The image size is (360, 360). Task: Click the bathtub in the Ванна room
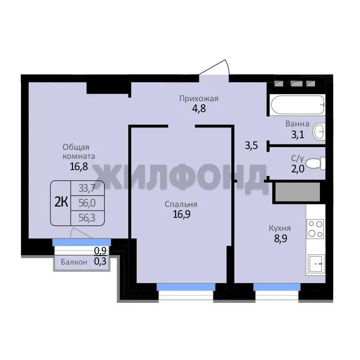pos(297,105)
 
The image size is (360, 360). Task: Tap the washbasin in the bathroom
pos(319,131)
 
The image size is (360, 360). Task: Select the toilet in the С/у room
pos(316,163)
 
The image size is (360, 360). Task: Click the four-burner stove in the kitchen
pos(316,229)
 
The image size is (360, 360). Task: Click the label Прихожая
pos(198,99)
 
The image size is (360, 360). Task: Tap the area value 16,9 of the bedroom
pos(181,214)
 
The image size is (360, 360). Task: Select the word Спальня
pos(181,204)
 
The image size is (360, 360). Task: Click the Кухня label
pos(279,228)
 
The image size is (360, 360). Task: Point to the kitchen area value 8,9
pos(280,238)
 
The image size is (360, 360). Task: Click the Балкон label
pos(74,262)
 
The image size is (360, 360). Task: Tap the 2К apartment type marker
pos(61,202)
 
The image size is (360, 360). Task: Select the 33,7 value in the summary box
pos(87,188)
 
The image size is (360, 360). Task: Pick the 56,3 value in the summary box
pos(87,218)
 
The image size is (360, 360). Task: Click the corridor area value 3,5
pos(252,145)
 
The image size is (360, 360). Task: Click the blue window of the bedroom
pos(186,287)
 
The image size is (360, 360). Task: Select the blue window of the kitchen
pos(277,287)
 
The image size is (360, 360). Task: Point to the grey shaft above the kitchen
pos(297,192)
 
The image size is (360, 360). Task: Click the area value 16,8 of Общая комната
pos(79,166)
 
